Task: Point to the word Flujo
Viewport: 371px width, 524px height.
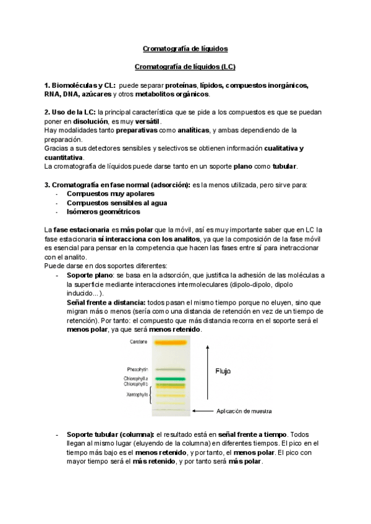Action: [x=223, y=372]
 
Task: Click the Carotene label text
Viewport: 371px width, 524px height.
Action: [x=139, y=342]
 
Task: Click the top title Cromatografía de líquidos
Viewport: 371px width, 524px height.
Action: [x=185, y=48]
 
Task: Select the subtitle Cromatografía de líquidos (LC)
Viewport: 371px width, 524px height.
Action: [x=185, y=66]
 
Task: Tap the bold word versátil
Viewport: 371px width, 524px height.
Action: [x=145, y=122]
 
